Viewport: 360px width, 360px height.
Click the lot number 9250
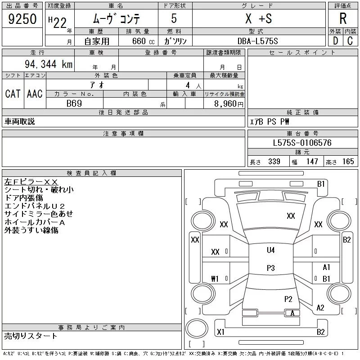(x=22, y=19)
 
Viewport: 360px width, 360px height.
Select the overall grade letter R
(x=343, y=18)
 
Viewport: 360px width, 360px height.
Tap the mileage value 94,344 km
(x=49, y=64)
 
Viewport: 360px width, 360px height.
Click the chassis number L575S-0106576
(x=302, y=143)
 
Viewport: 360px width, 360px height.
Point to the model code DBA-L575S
(x=257, y=41)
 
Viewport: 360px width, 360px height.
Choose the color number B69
(x=74, y=103)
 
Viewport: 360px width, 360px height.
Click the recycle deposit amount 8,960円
(x=229, y=104)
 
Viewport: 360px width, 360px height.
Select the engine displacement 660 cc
(x=143, y=41)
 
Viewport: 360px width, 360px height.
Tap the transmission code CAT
(x=13, y=94)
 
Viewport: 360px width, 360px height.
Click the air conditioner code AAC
(x=35, y=94)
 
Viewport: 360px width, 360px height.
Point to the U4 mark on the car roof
(x=271, y=250)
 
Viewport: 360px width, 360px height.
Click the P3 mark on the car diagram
(x=271, y=268)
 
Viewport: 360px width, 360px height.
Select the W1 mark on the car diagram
(x=215, y=279)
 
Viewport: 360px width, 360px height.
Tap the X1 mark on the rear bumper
(x=220, y=332)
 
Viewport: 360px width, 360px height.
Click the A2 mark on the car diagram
(x=320, y=308)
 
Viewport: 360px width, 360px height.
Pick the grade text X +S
(x=258, y=18)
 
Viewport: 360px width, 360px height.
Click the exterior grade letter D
(x=335, y=41)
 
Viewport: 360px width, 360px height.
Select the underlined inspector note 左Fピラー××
(x=31, y=182)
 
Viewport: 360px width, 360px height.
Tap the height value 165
(x=348, y=162)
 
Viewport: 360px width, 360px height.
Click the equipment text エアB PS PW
(x=270, y=121)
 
